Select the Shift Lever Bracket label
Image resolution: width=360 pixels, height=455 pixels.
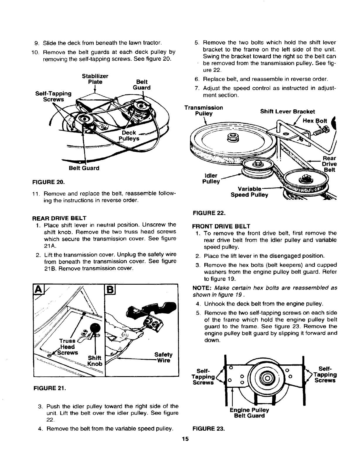[287, 111]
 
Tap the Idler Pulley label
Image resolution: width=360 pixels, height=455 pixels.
[210, 179]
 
